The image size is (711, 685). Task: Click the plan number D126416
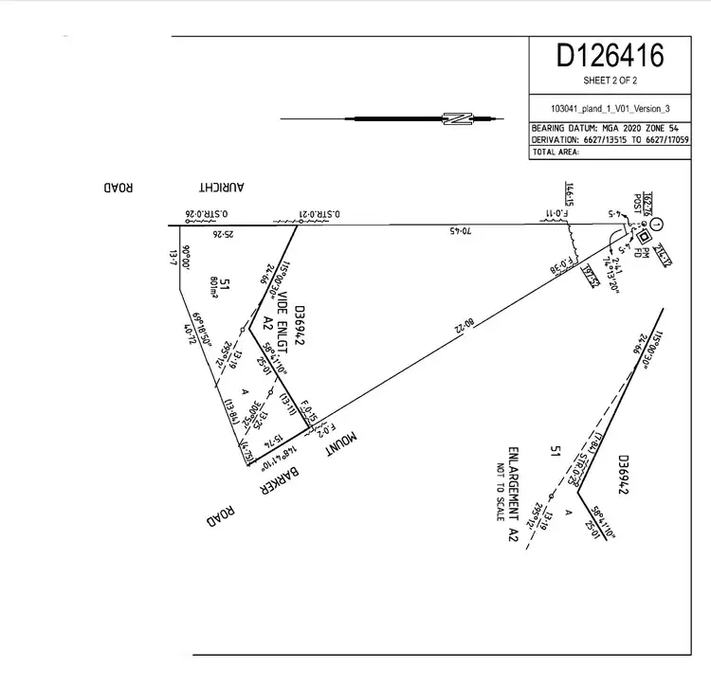(610, 56)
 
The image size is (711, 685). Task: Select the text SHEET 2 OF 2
(610, 81)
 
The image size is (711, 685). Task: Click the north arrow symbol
(458, 119)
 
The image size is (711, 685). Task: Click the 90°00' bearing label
(187, 259)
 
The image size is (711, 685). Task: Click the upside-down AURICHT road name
(222, 188)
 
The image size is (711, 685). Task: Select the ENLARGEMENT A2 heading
(513, 493)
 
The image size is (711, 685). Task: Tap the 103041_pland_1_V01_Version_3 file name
(610, 108)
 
